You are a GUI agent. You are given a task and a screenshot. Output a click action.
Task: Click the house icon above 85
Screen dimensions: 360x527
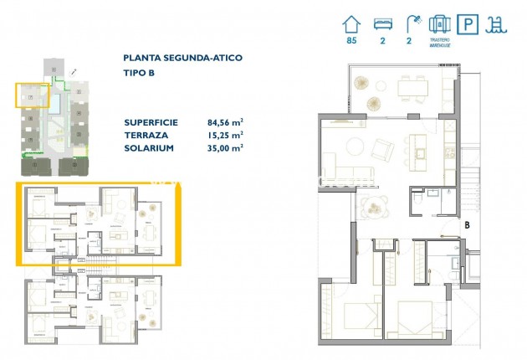(x=351, y=24)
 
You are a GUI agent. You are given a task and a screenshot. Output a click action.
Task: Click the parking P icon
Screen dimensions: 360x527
(x=469, y=24)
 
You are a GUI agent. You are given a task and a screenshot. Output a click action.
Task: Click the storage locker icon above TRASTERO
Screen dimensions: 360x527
(x=440, y=24)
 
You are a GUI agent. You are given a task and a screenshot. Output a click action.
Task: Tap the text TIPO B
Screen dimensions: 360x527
(x=139, y=73)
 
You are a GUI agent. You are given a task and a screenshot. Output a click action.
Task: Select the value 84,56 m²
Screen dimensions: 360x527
(x=225, y=121)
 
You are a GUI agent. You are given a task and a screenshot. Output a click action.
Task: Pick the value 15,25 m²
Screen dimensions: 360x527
(x=225, y=134)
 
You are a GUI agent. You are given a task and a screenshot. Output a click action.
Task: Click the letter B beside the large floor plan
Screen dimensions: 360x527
(x=467, y=224)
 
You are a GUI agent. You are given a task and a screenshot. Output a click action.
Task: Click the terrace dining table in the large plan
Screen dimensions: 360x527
(x=411, y=86)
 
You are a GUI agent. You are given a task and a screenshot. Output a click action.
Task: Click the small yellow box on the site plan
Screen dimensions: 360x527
(x=32, y=95)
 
